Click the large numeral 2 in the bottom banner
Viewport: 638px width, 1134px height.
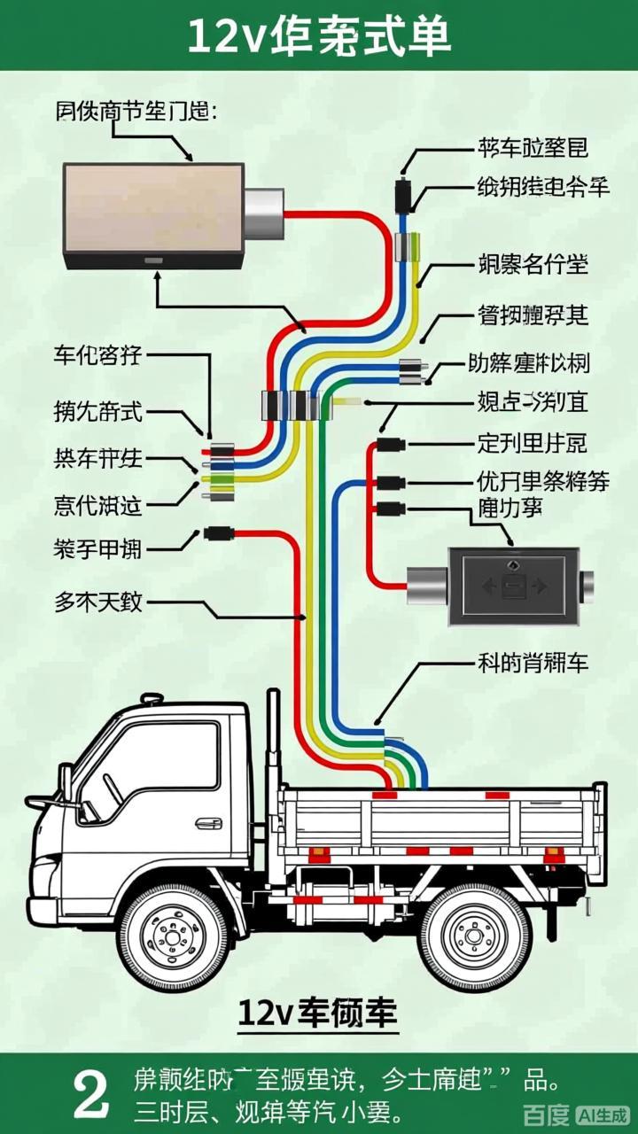(91, 1094)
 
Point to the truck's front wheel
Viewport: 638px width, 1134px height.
(173, 936)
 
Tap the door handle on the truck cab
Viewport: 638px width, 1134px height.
(209, 823)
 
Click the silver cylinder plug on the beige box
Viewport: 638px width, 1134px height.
(263, 215)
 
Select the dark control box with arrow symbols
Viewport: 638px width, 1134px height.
(513, 586)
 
